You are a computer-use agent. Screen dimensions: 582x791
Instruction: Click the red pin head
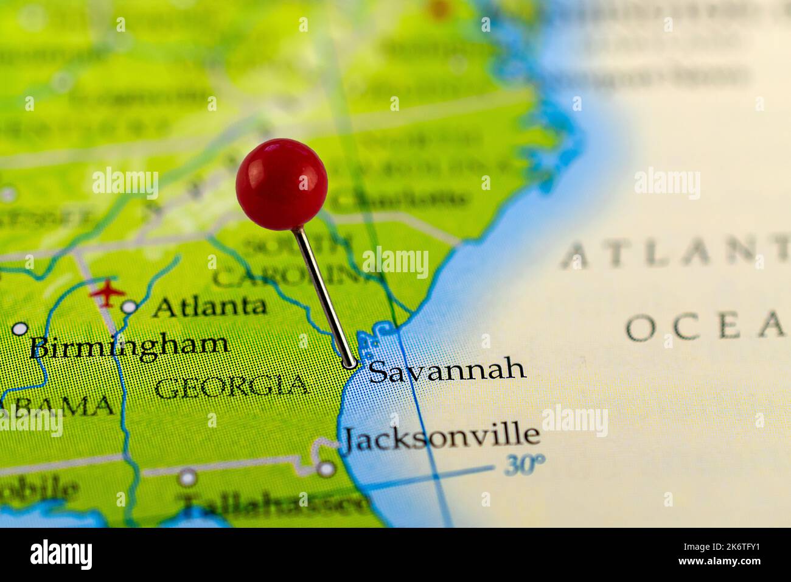point(281,184)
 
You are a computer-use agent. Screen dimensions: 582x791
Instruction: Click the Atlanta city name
point(209,306)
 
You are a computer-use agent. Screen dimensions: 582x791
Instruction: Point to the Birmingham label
point(130,346)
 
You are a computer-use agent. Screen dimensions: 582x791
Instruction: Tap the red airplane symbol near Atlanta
point(108,293)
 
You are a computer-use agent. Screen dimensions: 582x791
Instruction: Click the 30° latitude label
point(524,465)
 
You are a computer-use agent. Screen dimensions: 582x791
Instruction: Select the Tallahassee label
point(274,503)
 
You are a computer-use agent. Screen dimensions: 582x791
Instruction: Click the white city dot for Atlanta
point(129,307)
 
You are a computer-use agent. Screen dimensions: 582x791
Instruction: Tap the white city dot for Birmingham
point(20,329)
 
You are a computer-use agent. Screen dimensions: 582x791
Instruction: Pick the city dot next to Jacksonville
point(327,468)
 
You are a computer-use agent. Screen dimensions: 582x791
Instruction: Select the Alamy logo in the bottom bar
point(61,555)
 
